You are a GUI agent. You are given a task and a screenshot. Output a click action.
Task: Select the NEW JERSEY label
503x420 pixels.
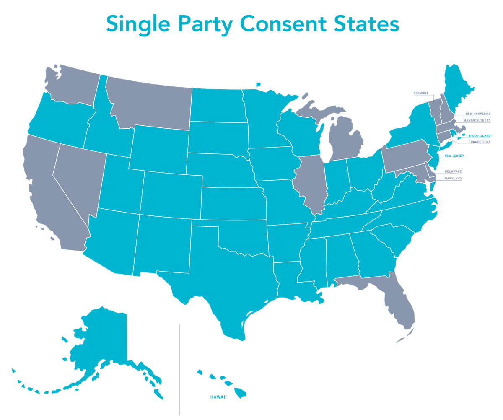pos(454,156)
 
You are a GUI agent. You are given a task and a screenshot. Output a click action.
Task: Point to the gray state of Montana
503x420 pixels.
pos(151,101)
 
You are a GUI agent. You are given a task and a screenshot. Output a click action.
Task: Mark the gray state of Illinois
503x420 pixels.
pos(310,180)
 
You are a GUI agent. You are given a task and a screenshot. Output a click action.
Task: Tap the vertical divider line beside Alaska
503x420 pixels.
pos(180,369)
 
